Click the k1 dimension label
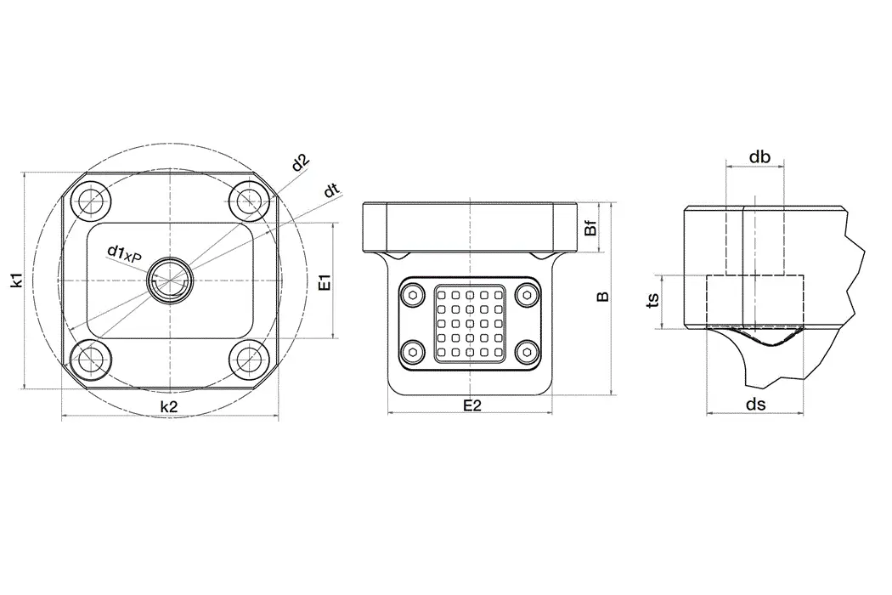(x=16, y=280)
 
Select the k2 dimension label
(x=169, y=406)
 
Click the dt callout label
(x=332, y=190)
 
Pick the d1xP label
(x=124, y=252)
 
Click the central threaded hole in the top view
(x=169, y=280)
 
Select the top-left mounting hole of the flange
(x=89, y=201)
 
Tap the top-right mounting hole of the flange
(x=249, y=201)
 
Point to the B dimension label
(x=603, y=297)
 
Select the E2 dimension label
(x=472, y=405)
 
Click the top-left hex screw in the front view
(x=413, y=295)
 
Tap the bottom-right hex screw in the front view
(x=529, y=351)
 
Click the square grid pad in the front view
(x=471, y=323)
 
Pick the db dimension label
(x=759, y=157)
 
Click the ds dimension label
(x=755, y=405)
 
